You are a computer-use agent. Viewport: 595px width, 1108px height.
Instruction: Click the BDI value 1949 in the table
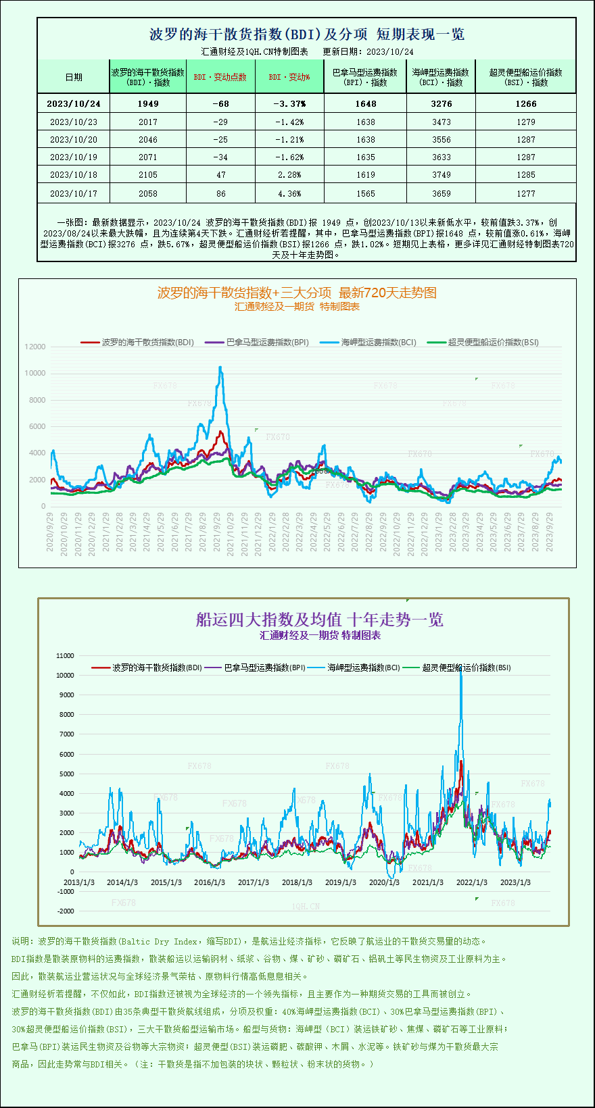click(147, 104)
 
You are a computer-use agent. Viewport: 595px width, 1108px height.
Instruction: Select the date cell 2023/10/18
click(74, 175)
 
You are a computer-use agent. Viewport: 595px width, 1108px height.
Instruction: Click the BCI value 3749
click(441, 175)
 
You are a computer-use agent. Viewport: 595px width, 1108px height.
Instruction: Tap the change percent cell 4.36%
click(289, 194)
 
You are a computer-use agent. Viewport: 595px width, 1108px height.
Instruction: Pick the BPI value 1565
click(366, 194)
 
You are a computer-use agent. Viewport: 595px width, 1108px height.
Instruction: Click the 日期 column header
click(74, 77)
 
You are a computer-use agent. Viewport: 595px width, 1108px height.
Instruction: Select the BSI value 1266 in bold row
click(525, 104)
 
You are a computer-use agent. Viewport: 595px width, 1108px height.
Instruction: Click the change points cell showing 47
click(220, 175)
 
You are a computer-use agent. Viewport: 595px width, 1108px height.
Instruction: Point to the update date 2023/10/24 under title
click(390, 52)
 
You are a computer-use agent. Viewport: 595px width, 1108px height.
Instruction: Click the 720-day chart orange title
click(297, 293)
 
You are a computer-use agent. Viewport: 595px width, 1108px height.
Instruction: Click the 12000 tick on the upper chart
click(35, 347)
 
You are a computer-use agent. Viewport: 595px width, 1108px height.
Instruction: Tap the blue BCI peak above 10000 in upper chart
click(220, 368)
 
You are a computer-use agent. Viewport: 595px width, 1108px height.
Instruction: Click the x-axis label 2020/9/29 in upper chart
click(50, 532)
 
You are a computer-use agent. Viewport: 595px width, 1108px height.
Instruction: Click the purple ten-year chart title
click(319, 620)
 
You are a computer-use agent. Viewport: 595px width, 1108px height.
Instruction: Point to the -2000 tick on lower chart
click(66, 911)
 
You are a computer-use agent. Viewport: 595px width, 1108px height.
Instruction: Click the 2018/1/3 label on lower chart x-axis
click(297, 882)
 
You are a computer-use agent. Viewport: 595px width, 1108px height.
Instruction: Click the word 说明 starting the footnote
click(20, 941)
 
